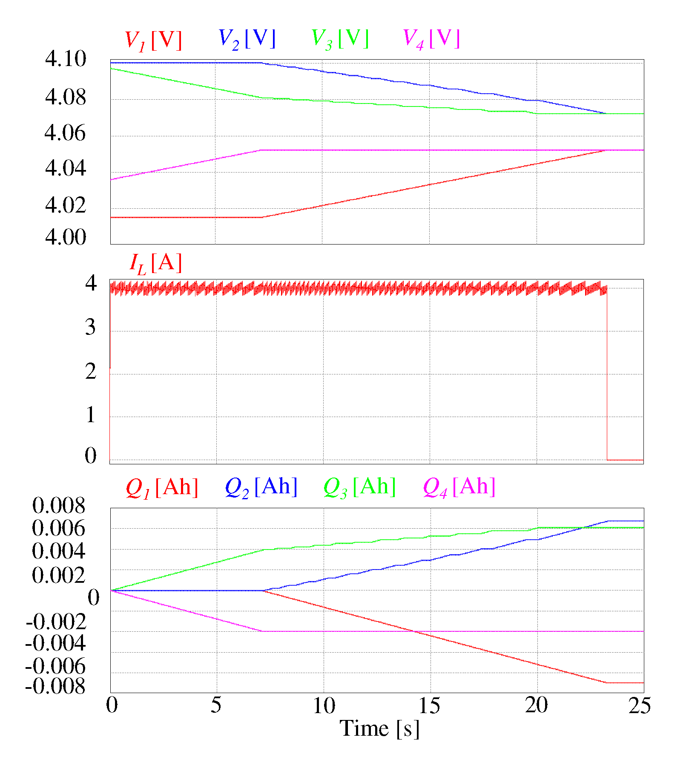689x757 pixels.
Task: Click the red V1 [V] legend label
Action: [153, 40]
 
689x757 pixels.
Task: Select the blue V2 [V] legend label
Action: [247, 39]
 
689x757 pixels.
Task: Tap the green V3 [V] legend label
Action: [340, 39]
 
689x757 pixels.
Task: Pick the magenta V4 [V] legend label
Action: [431, 39]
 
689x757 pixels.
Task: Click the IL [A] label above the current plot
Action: [156, 263]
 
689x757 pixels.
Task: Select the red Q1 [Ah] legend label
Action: [162, 487]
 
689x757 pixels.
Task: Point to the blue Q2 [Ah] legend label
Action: [261, 487]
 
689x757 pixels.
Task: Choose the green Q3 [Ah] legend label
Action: [360, 487]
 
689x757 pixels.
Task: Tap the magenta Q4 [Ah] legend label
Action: [459, 487]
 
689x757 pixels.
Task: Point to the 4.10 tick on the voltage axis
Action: [66, 59]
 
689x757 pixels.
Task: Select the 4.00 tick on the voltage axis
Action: [66, 237]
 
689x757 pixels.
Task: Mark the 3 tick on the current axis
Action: [90, 328]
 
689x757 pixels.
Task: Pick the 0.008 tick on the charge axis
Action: [59, 506]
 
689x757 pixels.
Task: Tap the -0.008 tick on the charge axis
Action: [56, 686]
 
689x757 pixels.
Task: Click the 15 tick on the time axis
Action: [430, 706]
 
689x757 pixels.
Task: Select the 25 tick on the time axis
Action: [640, 706]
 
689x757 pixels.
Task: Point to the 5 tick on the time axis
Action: [216, 706]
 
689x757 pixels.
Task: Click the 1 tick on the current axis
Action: [90, 415]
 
